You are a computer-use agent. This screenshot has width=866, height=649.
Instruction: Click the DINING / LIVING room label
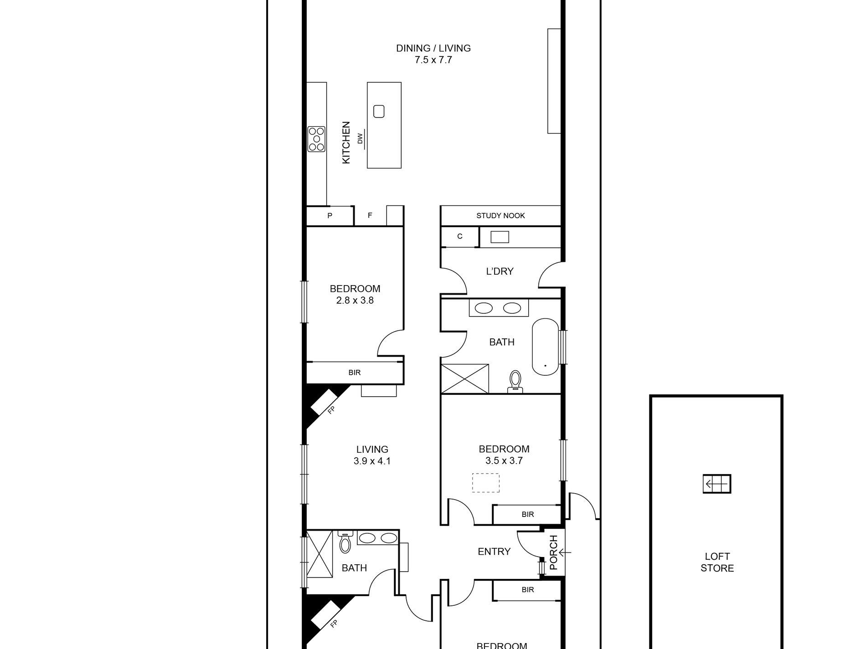(x=433, y=48)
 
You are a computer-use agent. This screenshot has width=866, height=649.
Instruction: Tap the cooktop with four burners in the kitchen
(x=316, y=139)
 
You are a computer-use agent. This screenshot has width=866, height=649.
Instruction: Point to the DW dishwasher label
(x=360, y=138)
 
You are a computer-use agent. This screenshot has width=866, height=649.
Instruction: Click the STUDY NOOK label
(x=500, y=215)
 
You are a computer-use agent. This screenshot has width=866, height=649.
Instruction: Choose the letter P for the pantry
(x=330, y=215)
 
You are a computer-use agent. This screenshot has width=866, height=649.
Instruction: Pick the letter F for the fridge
(x=370, y=215)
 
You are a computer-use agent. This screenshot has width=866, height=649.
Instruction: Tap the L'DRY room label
(x=500, y=271)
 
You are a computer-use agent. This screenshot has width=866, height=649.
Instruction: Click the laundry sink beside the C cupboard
(x=500, y=237)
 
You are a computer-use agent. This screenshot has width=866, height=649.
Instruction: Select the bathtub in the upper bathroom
(x=545, y=347)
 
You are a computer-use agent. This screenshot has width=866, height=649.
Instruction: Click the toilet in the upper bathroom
(x=515, y=381)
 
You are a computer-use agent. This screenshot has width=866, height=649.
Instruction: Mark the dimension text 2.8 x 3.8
(x=355, y=300)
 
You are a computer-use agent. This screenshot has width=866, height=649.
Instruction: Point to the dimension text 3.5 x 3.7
(x=504, y=460)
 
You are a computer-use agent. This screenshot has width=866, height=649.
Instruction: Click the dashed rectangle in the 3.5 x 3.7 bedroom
(x=485, y=483)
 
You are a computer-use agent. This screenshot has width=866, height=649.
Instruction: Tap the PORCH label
(x=553, y=552)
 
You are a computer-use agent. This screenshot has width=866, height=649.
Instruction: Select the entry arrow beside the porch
(x=565, y=552)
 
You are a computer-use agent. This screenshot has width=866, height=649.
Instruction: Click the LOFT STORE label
(x=717, y=562)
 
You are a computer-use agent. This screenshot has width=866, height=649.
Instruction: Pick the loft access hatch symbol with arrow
(x=717, y=484)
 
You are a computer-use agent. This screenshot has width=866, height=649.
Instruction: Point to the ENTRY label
(x=494, y=552)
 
